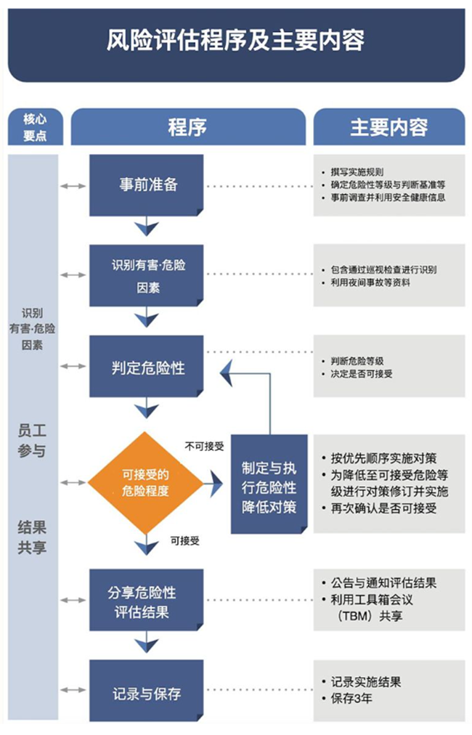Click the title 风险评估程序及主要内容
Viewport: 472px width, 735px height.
235,40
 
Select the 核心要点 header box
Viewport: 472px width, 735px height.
34,127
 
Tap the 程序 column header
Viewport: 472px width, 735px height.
187,127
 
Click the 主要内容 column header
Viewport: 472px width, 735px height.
388,127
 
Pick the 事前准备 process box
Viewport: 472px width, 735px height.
147,184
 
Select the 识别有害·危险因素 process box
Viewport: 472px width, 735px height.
147,275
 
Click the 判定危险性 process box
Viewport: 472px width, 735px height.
147,367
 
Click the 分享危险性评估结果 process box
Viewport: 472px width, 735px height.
147,601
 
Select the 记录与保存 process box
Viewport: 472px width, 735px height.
147,692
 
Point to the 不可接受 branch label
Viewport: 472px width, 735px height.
205,445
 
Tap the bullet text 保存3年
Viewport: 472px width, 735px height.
353,698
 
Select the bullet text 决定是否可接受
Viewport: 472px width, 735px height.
362,374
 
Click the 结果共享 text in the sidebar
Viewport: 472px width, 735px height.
31,536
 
